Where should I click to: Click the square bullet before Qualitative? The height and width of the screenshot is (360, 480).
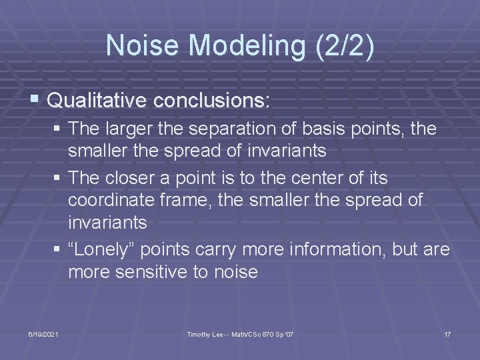[35, 101]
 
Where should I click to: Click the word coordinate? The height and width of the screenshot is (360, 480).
[113, 200]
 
